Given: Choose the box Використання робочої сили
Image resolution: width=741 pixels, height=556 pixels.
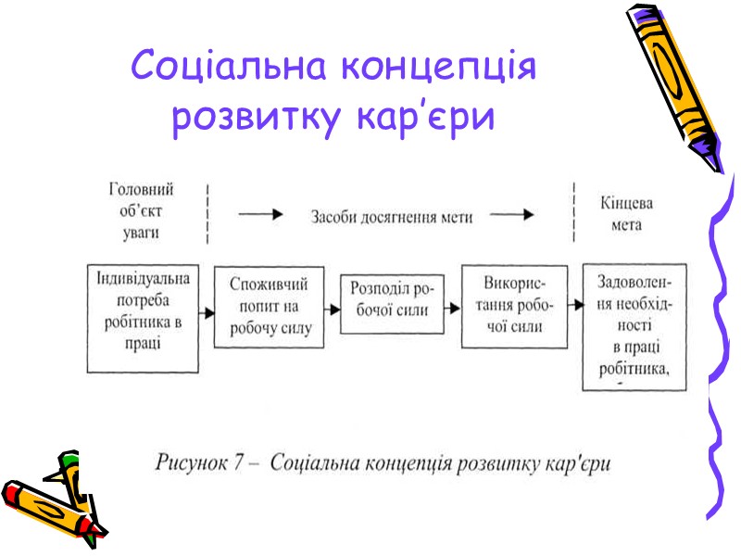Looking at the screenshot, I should coord(514,306).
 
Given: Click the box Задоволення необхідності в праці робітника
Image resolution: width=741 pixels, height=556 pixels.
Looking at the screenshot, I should coord(634,326).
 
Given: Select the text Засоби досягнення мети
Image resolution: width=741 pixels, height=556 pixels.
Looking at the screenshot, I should coord(391,216).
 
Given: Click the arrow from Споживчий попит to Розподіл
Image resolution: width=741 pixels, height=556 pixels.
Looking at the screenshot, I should coord(332,308).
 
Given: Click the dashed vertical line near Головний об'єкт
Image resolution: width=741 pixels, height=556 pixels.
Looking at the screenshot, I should coord(207,210).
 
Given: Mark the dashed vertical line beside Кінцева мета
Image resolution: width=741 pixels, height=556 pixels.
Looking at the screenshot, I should coord(565,210).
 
